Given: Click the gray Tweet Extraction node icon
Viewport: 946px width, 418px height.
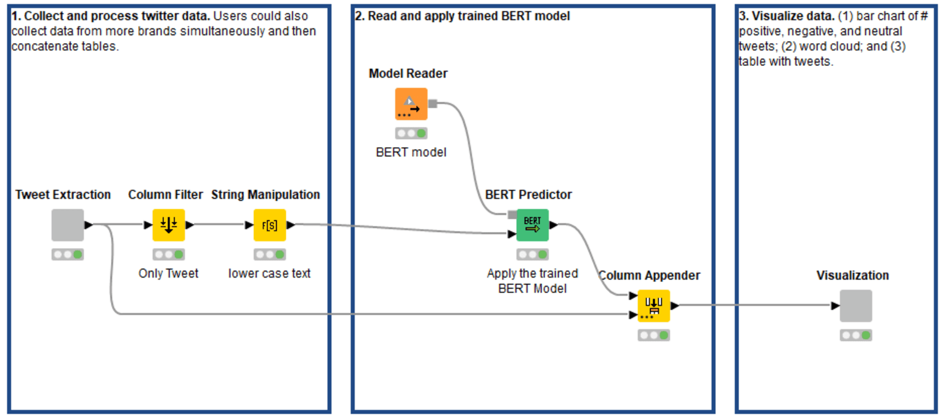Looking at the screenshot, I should click(67, 225).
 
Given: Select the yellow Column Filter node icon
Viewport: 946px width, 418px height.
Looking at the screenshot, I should click(168, 225).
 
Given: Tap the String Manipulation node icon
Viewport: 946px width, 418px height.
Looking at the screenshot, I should click(270, 225).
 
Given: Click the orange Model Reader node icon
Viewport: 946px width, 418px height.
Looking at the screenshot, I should click(411, 104).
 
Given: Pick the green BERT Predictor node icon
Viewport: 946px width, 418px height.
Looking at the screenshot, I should click(532, 225).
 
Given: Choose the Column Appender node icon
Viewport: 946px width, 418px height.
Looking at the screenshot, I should click(653, 305).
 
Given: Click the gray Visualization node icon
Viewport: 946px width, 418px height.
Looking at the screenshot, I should click(855, 305).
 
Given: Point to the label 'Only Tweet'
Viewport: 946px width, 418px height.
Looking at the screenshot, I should click(168, 273).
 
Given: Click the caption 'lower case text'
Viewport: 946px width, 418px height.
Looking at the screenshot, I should click(269, 273).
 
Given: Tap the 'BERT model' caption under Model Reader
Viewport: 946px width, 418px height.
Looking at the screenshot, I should click(411, 152).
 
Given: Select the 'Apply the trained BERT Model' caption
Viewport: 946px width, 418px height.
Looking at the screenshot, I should click(532, 280).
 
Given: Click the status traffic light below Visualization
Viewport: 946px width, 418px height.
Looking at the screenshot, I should click(855, 336).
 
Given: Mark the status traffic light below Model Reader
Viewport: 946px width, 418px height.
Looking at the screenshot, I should click(411, 133).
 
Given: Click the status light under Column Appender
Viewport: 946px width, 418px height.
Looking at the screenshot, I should click(653, 336).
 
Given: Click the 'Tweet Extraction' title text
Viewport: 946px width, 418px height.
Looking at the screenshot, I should click(63, 195).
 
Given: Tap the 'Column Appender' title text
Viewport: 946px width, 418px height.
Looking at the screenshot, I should click(649, 275).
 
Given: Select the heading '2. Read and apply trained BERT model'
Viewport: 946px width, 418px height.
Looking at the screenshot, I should click(463, 17).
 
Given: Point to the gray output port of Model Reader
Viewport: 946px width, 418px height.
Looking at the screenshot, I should click(432, 104).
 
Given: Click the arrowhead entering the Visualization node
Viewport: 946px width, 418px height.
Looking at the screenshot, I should click(835, 305).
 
